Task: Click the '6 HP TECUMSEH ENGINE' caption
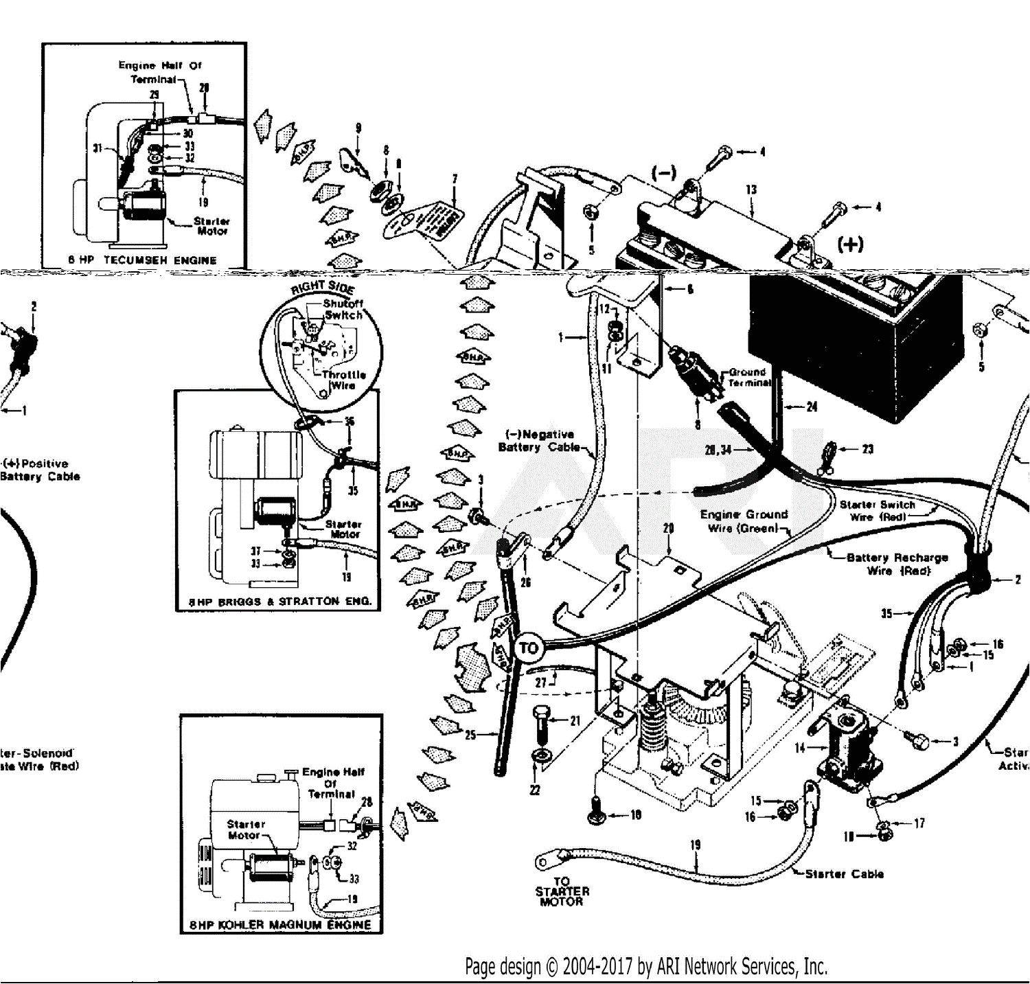[x=142, y=260]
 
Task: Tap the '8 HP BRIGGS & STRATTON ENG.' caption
[x=280, y=602]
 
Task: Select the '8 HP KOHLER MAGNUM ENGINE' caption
[x=280, y=925]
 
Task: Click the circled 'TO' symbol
[x=528, y=648]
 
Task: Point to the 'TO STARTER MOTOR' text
[x=562, y=891]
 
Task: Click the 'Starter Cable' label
[x=844, y=874]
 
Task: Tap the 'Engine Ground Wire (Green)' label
[x=744, y=521]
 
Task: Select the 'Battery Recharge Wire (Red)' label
[x=897, y=564]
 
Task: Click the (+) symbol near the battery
[x=850, y=244]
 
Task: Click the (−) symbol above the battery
[x=663, y=172]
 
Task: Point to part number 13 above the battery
[x=751, y=190]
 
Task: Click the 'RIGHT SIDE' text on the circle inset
[x=323, y=286]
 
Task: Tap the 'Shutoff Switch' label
[x=343, y=309]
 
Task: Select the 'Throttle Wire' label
[x=343, y=380]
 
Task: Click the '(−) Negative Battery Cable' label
[x=540, y=441]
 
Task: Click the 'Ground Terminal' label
[x=748, y=377]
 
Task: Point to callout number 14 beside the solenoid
[x=800, y=748]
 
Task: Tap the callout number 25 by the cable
[x=470, y=735]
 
